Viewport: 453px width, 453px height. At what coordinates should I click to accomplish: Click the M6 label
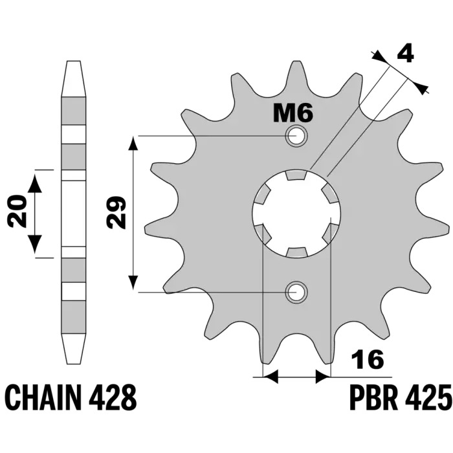click(293, 113)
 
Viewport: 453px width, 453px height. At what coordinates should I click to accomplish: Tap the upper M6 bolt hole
click(296, 135)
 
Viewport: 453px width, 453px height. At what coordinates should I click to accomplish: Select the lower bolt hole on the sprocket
click(296, 292)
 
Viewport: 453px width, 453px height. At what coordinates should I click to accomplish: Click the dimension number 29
click(116, 212)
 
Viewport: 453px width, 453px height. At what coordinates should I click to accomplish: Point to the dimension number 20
click(17, 210)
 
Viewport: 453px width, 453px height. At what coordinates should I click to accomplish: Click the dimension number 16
click(367, 359)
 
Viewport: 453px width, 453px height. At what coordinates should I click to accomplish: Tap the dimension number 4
click(405, 54)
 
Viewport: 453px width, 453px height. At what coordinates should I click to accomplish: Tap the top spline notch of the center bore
click(296, 175)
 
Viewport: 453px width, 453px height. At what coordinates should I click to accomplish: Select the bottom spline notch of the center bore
click(296, 252)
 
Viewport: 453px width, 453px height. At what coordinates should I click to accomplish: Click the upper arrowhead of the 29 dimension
click(133, 144)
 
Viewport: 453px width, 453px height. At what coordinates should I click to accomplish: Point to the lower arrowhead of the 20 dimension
click(35, 243)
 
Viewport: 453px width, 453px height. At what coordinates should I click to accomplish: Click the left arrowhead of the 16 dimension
click(270, 377)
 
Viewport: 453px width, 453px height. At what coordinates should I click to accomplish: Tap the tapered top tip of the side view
click(73, 79)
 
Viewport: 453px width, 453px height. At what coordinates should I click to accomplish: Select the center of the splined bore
click(296, 214)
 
